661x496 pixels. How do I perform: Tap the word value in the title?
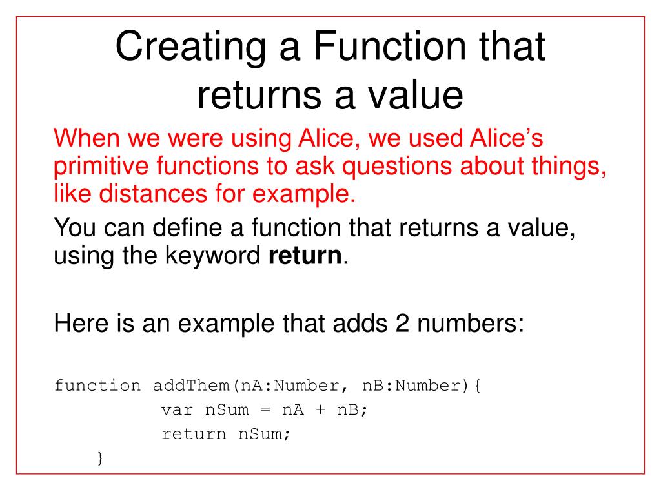(420, 96)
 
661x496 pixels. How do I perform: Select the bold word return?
(304, 257)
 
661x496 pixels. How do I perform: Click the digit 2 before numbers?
(414, 321)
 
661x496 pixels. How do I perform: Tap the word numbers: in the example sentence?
(476, 321)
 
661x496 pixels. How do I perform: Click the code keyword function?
(97, 386)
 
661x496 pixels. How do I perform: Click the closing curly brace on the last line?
(99, 459)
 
